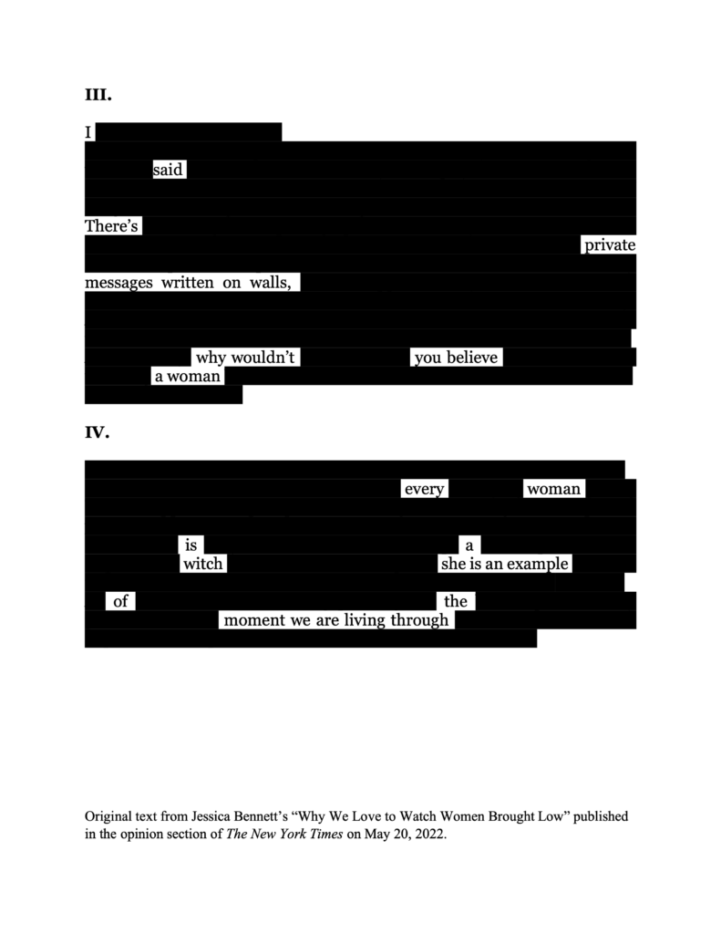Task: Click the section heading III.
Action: [x=98, y=95]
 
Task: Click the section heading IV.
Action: [x=97, y=431]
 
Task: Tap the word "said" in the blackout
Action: [x=168, y=170]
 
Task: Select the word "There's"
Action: [x=111, y=226]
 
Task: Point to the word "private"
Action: [x=610, y=245]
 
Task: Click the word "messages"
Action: [x=119, y=283]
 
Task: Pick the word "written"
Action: [x=188, y=283]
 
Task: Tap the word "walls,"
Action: [x=271, y=283]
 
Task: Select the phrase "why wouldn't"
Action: [x=245, y=358]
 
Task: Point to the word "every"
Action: [x=425, y=489]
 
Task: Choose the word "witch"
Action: [x=203, y=564]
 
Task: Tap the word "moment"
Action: [x=254, y=620]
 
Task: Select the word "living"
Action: [x=365, y=620]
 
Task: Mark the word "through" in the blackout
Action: [x=419, y=620]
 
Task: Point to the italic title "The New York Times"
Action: [x=284, y=834]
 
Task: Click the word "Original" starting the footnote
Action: [x=107, y=816]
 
